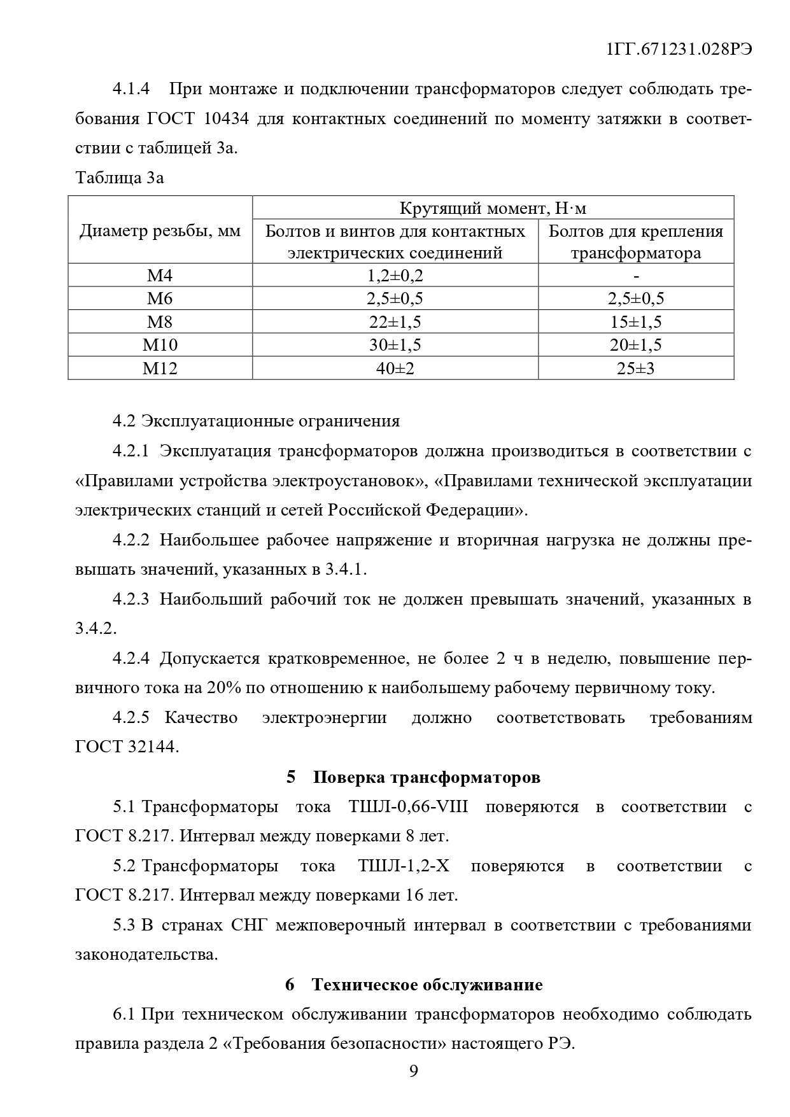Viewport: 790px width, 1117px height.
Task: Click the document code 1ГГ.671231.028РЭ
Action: [680, 50]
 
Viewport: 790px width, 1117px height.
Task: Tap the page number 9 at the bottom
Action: [414, 1072]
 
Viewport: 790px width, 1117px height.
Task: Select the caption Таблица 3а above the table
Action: [120, 178]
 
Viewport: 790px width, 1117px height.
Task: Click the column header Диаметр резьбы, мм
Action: [160, 230]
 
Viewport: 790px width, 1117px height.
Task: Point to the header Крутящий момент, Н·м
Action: [493, 208]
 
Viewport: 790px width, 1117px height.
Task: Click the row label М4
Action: [160, 276]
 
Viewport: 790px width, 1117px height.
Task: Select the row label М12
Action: [160, 368]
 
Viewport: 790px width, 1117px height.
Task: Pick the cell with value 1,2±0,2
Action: [395, 276]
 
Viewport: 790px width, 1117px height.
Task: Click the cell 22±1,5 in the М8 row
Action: [395, 322]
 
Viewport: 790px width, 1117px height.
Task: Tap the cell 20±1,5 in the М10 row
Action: [636, 345]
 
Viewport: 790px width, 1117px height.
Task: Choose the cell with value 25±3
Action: [636, 368]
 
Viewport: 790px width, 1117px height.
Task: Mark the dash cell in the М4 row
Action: [636, 276]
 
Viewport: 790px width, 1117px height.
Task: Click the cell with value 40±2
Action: [395, 368]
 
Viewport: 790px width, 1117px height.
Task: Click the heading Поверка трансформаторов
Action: [427, 777]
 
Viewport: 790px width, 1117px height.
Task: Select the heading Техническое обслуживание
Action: [427, 985]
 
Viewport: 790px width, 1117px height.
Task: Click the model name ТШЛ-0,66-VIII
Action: [408, 807]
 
